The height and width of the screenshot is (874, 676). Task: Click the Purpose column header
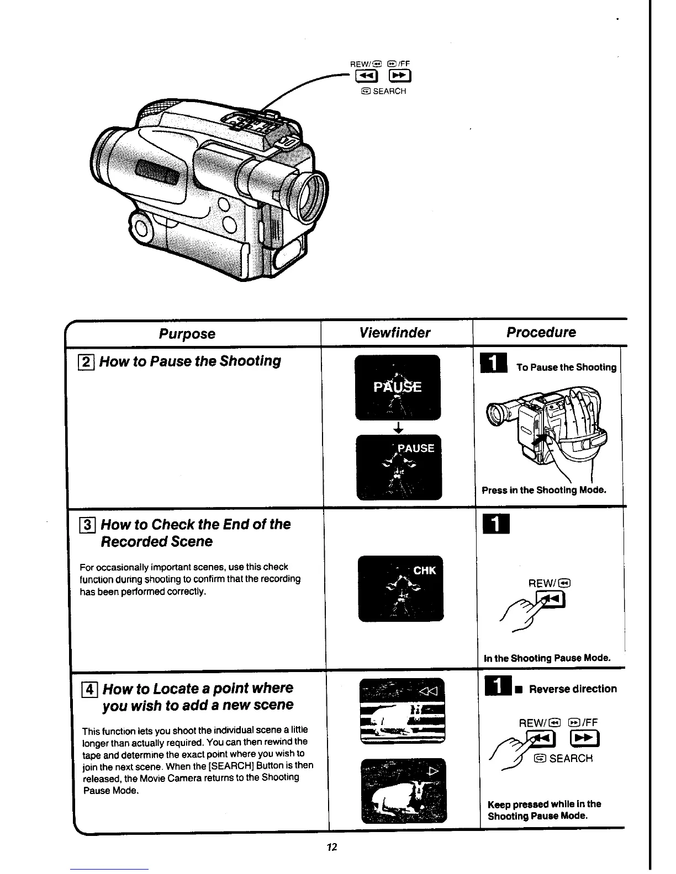[187, 334]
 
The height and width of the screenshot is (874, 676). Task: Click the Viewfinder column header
[394, 332]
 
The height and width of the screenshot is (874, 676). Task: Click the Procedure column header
[541, 332]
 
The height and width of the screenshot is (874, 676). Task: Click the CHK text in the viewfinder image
[424, 571]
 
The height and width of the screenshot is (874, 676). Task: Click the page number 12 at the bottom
[331, 847]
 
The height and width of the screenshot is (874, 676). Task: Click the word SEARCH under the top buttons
[389, 91]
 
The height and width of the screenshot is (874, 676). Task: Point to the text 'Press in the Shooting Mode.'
[544, 490]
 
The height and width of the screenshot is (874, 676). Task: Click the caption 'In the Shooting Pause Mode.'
[547, 658]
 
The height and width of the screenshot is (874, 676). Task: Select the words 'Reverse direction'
[573, 689]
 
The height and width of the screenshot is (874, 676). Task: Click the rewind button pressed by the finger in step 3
[553, 599]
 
